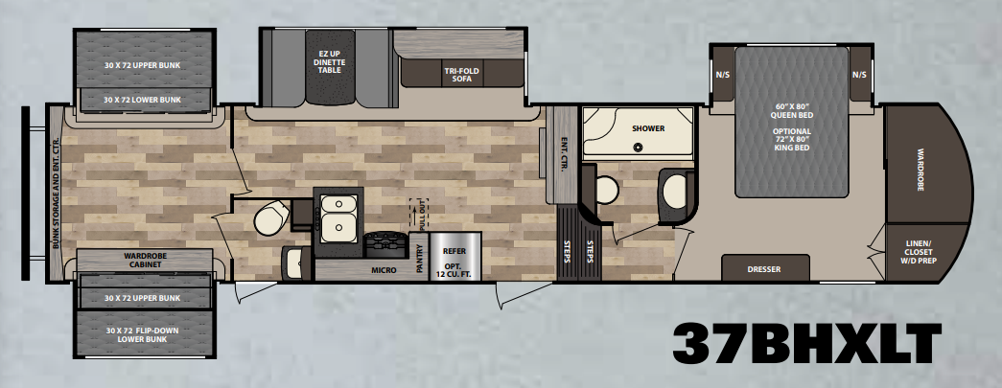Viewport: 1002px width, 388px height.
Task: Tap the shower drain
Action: tap(637, 148)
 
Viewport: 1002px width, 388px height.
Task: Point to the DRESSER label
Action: tap(764, 269)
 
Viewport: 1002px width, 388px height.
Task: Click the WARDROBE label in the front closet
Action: tap(920, 171)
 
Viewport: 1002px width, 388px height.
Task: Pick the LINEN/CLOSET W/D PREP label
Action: tap(918, 251)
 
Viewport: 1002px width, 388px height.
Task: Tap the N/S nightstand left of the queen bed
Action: tap(722, 75)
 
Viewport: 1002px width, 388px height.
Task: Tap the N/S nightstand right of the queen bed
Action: tap(859, 75)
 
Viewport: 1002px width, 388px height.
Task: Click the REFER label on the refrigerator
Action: tap(454, 251)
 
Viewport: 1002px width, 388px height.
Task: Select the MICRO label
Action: tap(384, 270)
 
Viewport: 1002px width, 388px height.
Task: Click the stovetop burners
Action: tap(386, 243)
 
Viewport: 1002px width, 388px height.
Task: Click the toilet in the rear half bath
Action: tap(271, 217)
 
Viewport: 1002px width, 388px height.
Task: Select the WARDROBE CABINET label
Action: tap(145, 260)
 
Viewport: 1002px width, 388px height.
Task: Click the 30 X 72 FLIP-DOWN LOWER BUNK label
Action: tap(142, 334)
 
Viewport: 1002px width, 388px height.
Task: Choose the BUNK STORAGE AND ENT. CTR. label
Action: tap(56, 194)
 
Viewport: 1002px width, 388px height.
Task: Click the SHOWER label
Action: tap(648, 128)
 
